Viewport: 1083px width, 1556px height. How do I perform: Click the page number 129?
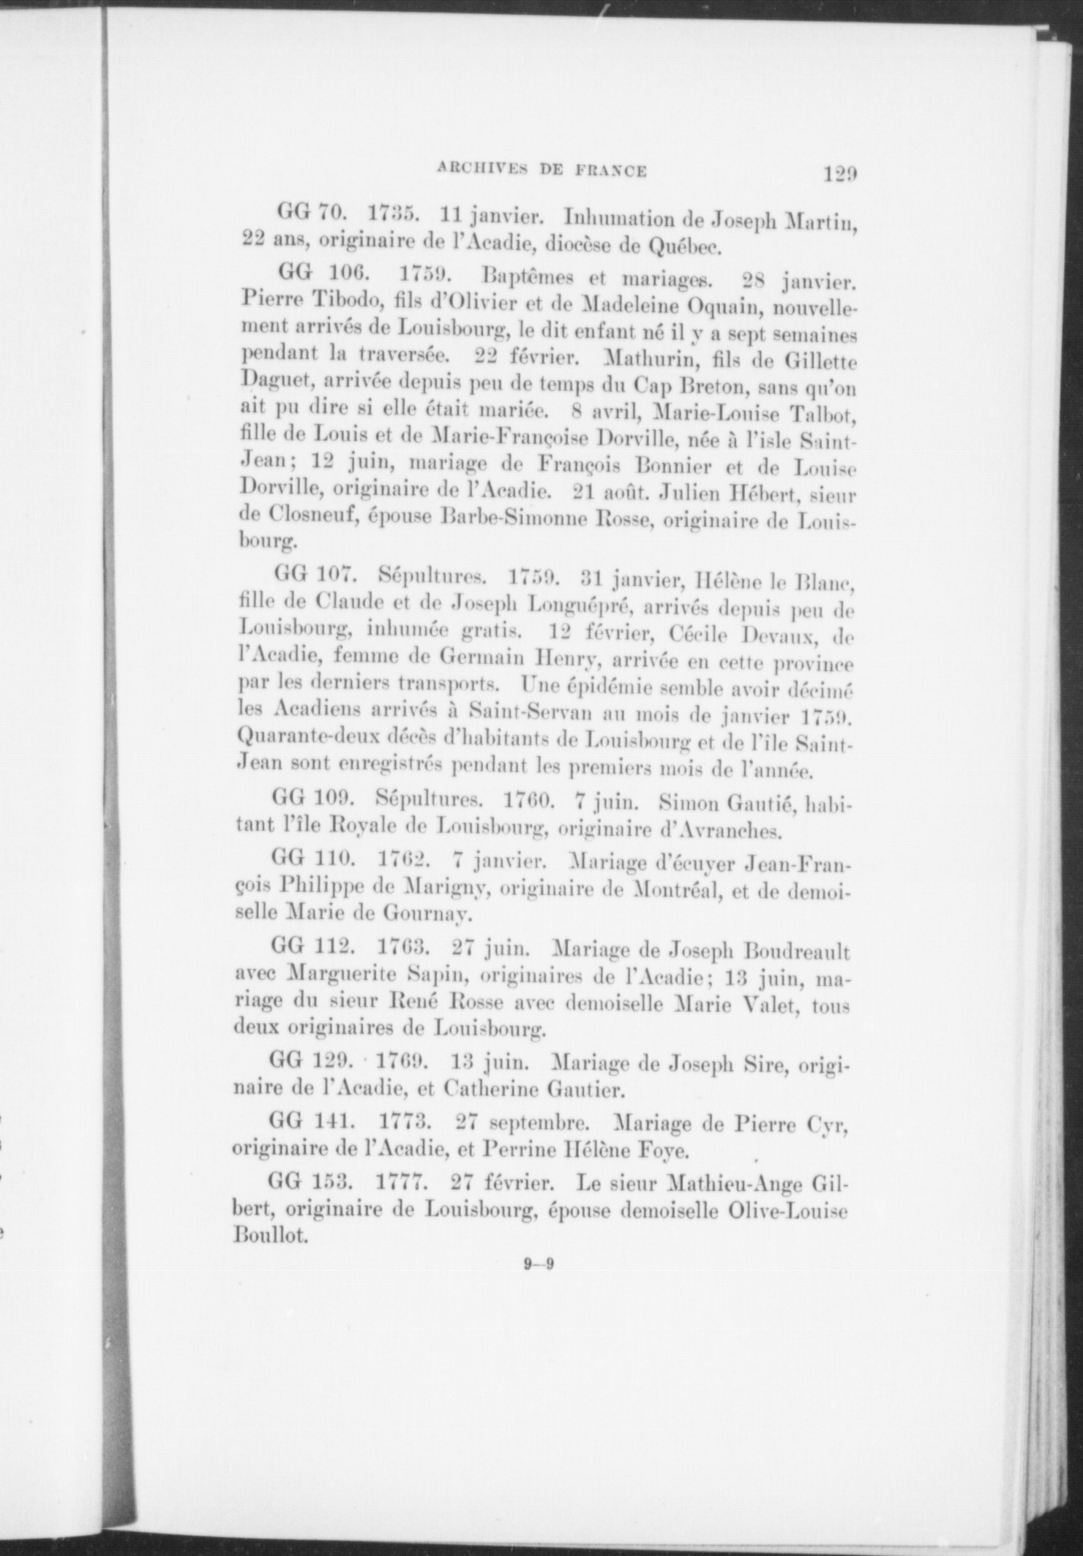pyautogui.click(x=839, y=175)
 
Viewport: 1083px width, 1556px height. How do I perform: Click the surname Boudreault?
pyautogui.click(x=797, y=953)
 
